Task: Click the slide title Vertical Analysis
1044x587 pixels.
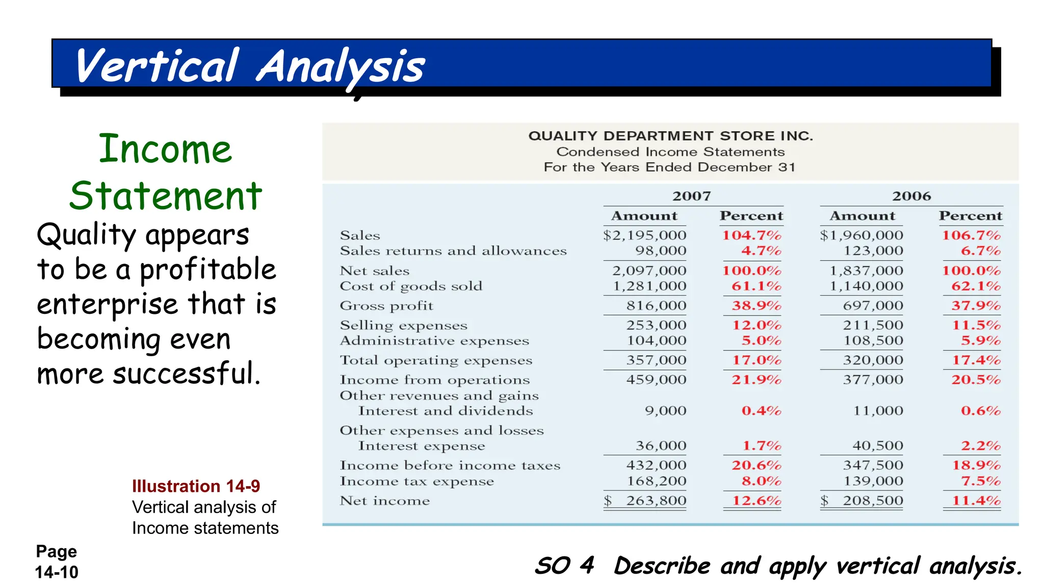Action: [x=250, y=66]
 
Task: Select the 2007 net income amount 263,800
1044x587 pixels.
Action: [x=656, y=501]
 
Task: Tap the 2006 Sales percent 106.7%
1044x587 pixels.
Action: [x=971, y=235]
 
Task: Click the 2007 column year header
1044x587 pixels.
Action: [x=691, y=196]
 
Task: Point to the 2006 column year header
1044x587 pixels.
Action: [x=911, y=196]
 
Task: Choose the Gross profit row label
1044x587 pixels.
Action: [x=386, y=306]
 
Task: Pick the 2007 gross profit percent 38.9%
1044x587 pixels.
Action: [x=756, y=306]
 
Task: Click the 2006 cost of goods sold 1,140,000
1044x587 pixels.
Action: [x=866, y=286]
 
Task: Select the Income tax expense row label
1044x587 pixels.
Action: [x=417, y=482]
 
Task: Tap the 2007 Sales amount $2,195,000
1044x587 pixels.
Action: [x=645, y=235]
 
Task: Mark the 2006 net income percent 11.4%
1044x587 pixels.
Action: [x=976, y=501]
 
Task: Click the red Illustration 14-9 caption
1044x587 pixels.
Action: [x=196, y=486]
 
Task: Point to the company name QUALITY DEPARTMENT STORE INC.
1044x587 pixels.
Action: [x=670, y=136]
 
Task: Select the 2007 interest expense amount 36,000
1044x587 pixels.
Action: [x=661, y=446]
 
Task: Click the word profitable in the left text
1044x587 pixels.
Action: [x=208, y=270]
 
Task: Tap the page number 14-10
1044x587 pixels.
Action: [x=57, y=572]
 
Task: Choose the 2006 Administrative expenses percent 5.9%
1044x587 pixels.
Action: [x=981, y=340]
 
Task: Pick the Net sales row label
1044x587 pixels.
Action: [x=375, y=271]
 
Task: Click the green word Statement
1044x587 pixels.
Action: [x=166, y=196]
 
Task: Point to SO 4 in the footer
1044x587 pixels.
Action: [x=564, y=566]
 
